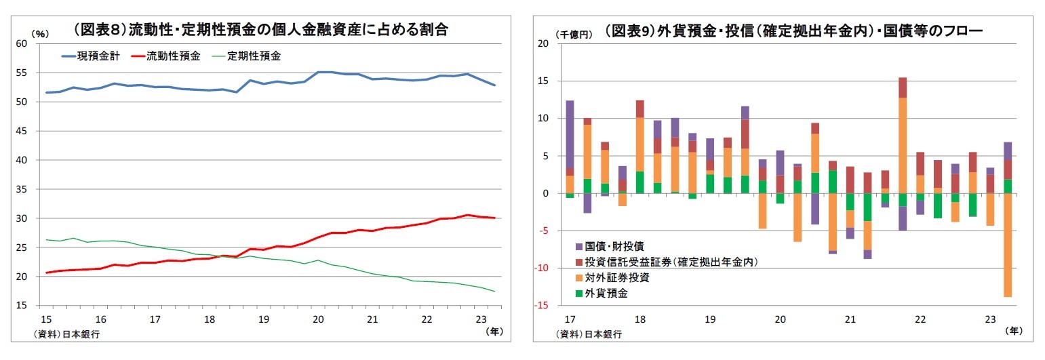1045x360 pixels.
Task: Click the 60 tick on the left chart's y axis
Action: pyautogui.click(x=21, y=43)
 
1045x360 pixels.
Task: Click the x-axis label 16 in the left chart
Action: pyautogui.click(x=100, y=319)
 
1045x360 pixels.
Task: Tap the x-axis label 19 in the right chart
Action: pyautogui.click(x=709, y=319)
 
